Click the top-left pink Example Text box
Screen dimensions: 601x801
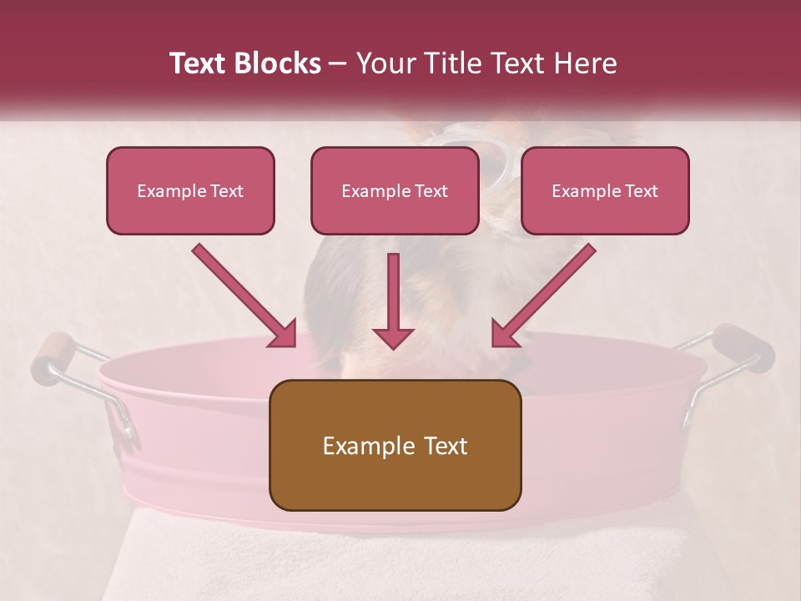190,190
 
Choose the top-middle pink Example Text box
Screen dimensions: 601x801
395,190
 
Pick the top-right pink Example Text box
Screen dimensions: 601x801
605,190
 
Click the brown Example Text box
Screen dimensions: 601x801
395,445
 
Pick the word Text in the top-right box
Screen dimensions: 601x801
642,191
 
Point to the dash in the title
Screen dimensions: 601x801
339,64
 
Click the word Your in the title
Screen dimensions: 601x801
381,63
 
